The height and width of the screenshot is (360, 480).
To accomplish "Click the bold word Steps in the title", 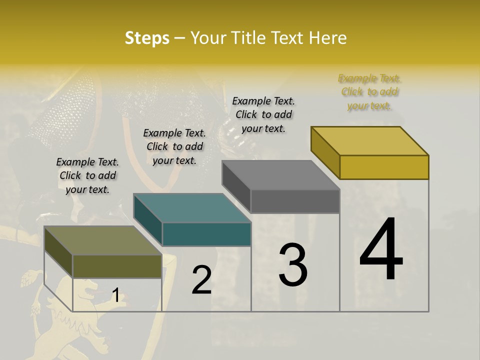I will pyautogui.click(x=147, y=38).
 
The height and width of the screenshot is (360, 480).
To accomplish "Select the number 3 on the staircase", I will pyautogui.click(x=293, y=265).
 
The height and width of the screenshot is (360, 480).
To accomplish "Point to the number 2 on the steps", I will pyautogui.click(x=201, y=280).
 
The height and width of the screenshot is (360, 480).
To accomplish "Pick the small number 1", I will pyautogui.click(x=115, y=295).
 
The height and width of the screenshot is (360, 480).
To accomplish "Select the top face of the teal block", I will pyautogui.click(x=192, y=208).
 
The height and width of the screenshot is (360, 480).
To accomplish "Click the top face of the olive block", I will pyautogui.click(x=103, y=240).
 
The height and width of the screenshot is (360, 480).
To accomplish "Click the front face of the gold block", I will pyautogui.click(x=384, y=167).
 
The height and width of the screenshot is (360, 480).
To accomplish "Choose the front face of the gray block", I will pyautogui.click(x=295, y=201).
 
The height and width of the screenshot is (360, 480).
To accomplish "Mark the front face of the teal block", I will pyautogui.click(x=206, y=234).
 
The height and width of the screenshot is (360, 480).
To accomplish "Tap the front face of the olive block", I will pyautogui.click(x=117, y=266).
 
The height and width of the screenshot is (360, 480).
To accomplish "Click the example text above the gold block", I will pyautogui.click(x=369, y=92).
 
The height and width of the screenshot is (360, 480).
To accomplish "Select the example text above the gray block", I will pyautogui.click(x=263, y=114).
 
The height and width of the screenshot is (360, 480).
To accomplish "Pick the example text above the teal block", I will pyautogui.click(x=174, y=146).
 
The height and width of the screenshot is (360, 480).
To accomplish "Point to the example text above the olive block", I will pyautogui.click(x=87, y=175).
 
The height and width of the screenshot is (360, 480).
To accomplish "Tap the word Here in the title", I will pyautogui.click(x=328, y=38).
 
